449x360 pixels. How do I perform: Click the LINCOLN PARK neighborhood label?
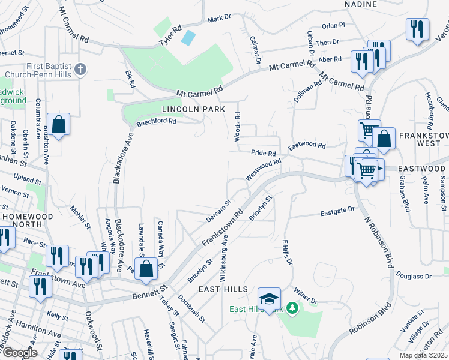(193, 109)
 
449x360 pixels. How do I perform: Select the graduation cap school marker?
(270, 298)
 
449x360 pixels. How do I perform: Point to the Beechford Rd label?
(156, 121)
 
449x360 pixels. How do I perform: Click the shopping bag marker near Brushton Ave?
(59, 125)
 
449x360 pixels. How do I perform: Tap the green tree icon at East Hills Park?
(292, 308)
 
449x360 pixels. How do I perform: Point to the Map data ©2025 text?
(423, 355)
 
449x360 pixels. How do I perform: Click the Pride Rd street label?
(264, 154)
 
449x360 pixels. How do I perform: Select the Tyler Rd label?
(170, 36)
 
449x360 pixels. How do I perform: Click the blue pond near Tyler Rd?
(188, 37)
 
